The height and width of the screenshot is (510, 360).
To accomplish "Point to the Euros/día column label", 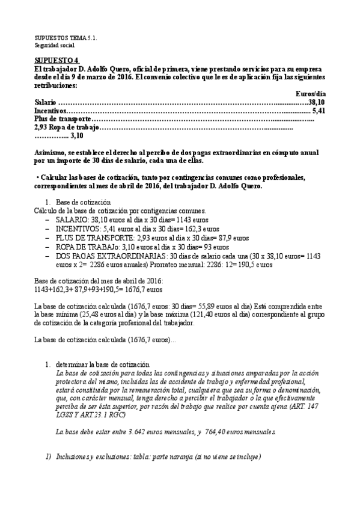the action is [311, 93].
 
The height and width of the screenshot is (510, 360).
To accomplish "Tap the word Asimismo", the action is [50, 154].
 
